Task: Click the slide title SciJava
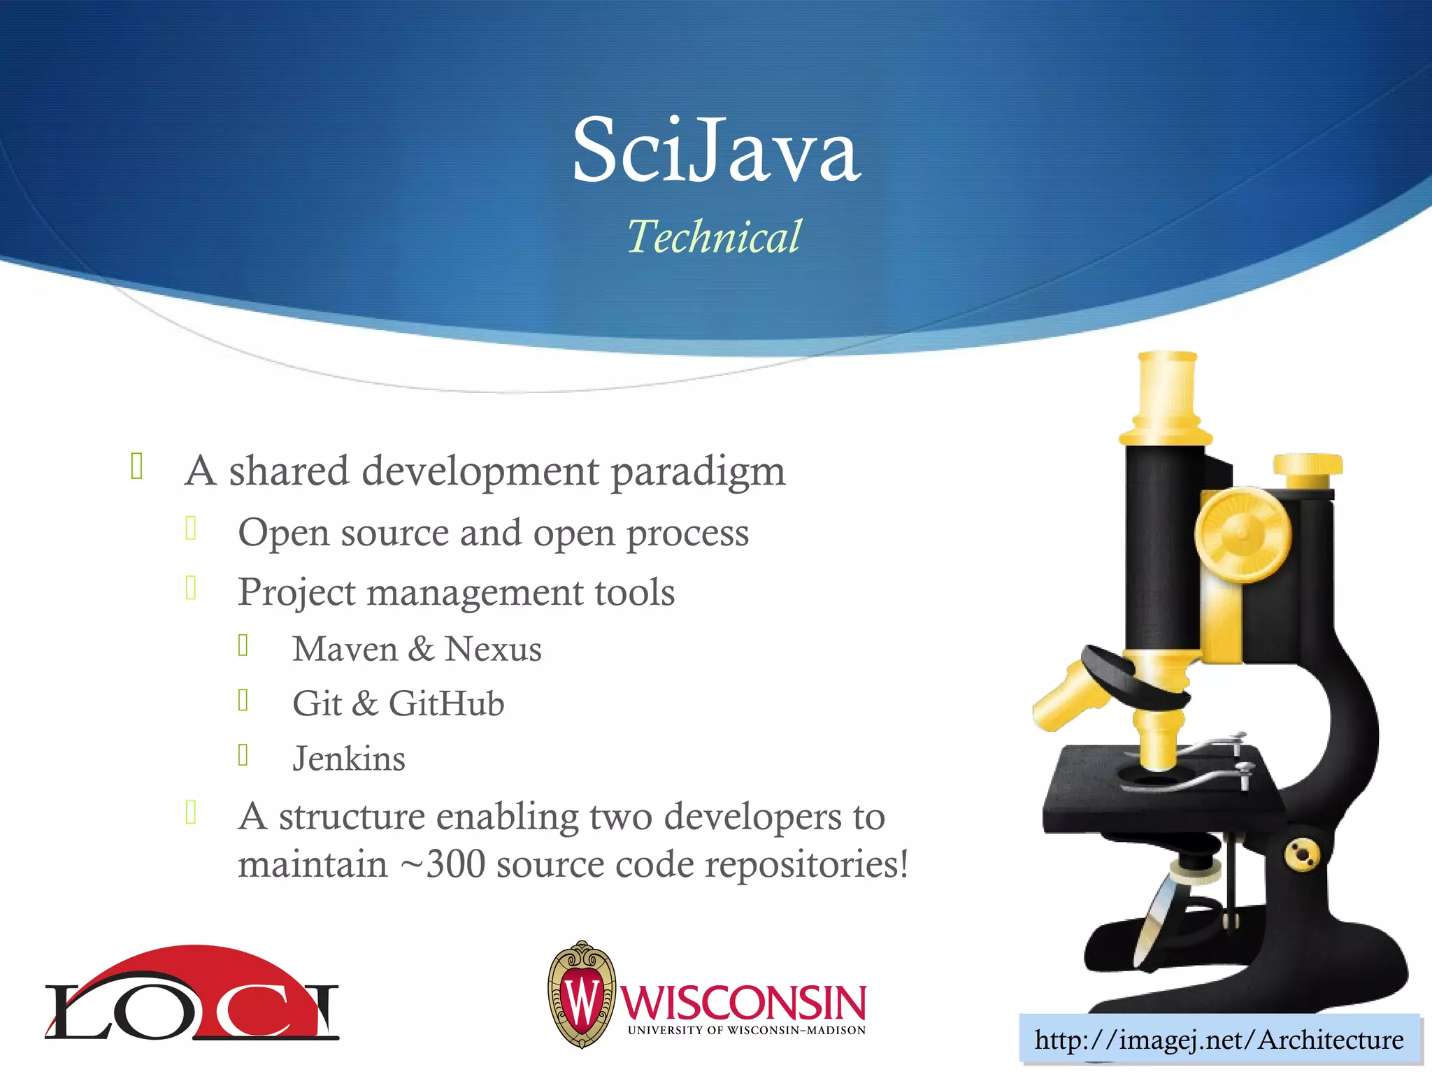[716, 150]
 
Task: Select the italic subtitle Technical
[713, 236]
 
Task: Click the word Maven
[345, 649]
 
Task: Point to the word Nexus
[493, 649]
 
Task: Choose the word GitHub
[446, 703]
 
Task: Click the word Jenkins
[349, 759]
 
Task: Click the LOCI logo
[192, 996]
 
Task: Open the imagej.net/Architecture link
[1219, 1040]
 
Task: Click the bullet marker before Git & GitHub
[243, 700]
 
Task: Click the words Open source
[343, 533]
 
